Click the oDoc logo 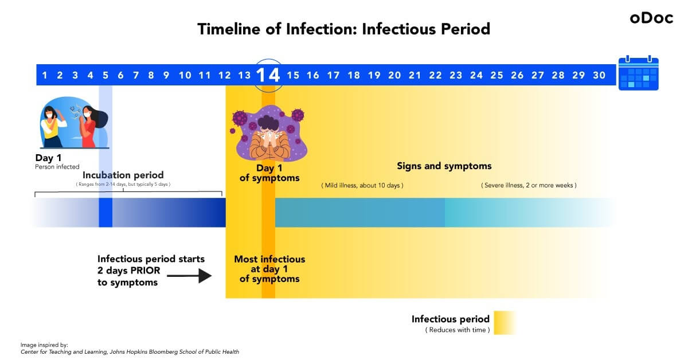pyautogui.click(x=651, y=18)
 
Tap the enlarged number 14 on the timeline pyautogui.click(x=268, y=75)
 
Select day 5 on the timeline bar pyautogui.click(x=105, y=75)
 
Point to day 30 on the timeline pyautogui.click(x=599, y=75)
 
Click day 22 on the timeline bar pyautogui.click(x=435, y=75)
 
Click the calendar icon pyautogui.click(x=638, y=73)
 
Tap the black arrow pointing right pyautogui.click(x=189, y=276)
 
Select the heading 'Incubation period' pyautogui.click(x=123, y=175)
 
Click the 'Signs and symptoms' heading pyautogui.click(x=444, y=166)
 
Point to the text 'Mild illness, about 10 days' pyautogui.click(x=362, y=185)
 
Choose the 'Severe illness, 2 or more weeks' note pyautogui.click(x=529, y=185)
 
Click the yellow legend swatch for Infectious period pyautogui.click(x=505, y=323)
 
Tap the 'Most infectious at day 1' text pyautogui.click(x=269, y=264)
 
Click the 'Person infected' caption pyautogui.click(x=57, y=167)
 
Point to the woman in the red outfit pyautogui.click(x=91, y=127)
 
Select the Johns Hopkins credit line pyautogui.click(x=130, y=352)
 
